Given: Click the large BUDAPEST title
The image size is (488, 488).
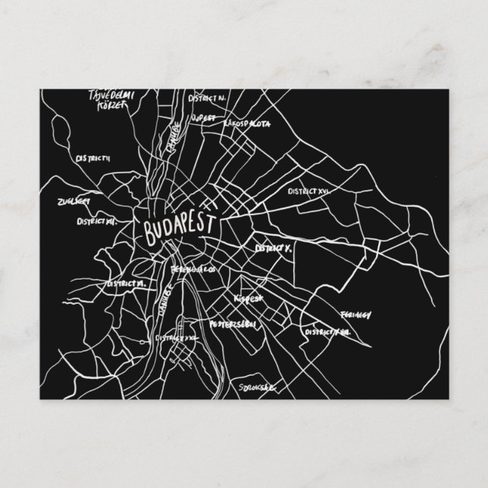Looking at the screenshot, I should tap(177, 225).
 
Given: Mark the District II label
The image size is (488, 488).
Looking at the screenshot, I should tap(93, 158).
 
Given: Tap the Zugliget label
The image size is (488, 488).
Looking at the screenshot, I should tap(73, 202).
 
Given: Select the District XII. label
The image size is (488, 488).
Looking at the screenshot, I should tap(95, 222).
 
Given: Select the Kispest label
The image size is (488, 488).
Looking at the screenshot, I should tap(249, 299).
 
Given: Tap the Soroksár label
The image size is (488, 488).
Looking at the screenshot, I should tap(255, 387).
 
